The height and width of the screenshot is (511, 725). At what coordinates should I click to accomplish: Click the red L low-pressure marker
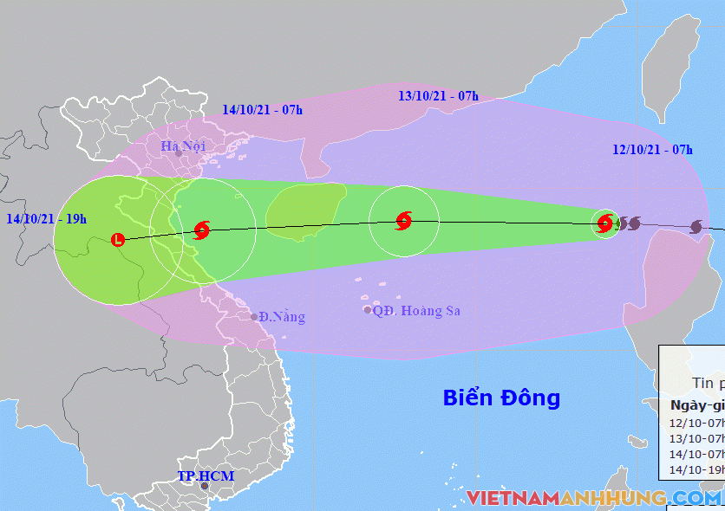click(x=118, y=239)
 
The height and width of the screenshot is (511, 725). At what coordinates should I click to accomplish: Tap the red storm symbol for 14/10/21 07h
click(x=202, y=230)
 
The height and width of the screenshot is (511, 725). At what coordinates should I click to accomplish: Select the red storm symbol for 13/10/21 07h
click(x=403, y=221)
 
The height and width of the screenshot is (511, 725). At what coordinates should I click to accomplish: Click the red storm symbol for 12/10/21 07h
click(x=605, y=224)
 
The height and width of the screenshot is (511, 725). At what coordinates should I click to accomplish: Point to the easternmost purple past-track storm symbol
click(x=696, y=227)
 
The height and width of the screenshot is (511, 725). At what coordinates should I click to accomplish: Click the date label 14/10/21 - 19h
click(x=45, y=218)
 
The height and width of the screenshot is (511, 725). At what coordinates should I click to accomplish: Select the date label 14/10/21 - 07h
click(x=262, y=109)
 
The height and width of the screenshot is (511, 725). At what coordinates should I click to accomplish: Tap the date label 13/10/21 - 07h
click(x=438, y=95)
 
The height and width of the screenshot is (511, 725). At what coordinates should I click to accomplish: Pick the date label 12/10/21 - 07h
click(x=652, y=150)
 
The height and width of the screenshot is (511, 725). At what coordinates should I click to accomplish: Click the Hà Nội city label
click(x=182, y=146)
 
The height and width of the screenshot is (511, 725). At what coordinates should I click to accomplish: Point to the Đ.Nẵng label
click(x=283, y=317)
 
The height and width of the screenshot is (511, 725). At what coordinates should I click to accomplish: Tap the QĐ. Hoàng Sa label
click(x=416, y=311)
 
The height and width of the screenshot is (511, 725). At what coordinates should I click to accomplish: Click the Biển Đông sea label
click(x=501, y=398)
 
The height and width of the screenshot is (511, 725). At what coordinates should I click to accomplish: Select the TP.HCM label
click(x=206, y=476)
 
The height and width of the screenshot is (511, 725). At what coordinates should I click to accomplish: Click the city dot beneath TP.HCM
click(x=205, y=487)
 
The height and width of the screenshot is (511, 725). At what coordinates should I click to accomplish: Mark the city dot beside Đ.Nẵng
click(x=255, y=317)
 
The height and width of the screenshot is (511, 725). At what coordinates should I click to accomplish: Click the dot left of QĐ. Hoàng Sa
click(x=368, y=310)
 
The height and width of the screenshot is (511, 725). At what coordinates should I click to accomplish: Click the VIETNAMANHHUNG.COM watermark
click(x=593, y=498)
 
